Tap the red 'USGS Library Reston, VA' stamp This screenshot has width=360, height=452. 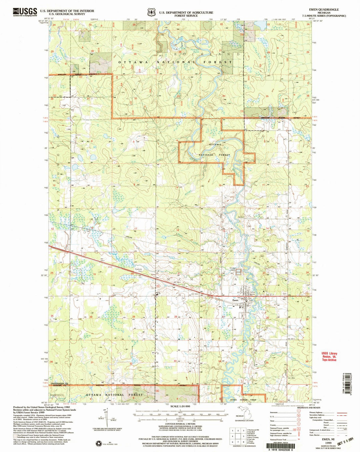(x=329, y=357)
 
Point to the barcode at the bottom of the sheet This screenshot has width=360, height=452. (x=284, y=445)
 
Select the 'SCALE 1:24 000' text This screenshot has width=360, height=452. (x=180, y=406)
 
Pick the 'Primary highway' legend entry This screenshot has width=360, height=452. (x=277, y=413)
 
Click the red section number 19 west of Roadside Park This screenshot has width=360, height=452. (x=95, y=274)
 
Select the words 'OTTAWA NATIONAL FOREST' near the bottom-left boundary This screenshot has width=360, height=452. (x=114, y=395)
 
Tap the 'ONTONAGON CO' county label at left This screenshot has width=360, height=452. (x=60, y=384)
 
